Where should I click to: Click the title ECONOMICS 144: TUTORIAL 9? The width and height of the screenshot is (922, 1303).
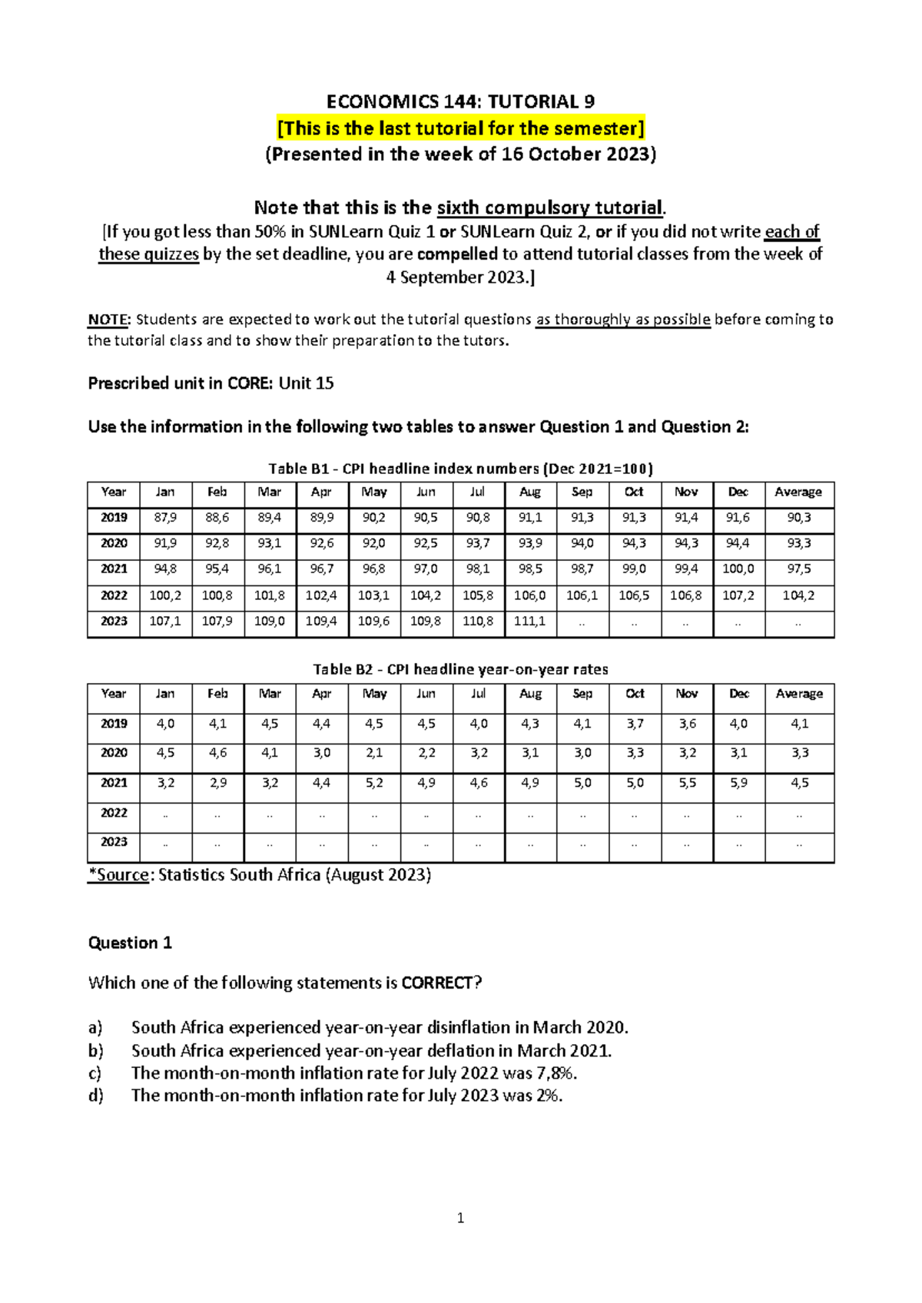click(460, 101)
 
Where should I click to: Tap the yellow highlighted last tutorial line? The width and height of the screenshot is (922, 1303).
click(460, 128)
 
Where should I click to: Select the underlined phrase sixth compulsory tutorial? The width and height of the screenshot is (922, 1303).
click(549, 207)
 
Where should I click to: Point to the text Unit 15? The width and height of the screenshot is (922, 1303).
click(306, 383)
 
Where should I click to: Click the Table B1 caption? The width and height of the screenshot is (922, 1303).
click(460, 469)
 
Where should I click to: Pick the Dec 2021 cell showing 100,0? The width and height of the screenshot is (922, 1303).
click(738, 569)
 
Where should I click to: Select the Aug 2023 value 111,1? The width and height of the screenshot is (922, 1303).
click(530, 621)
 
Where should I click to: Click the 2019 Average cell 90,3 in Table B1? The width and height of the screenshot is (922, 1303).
click(798, 518)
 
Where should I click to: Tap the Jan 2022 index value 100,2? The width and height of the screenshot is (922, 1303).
click(165, 595)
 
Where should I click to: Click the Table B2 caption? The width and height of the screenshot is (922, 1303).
click(460, 669)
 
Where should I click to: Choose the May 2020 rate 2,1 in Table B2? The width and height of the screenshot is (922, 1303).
click(374, 753)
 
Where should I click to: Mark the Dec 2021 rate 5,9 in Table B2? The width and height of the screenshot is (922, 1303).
click(738, 783)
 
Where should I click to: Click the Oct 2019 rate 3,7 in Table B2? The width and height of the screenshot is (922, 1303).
click(635, 724)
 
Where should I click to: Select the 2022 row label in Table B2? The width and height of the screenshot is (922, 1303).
click(114, 813)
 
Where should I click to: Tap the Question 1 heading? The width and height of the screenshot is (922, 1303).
click(130, 943)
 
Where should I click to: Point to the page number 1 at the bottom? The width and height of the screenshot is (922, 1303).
click(460, 1218)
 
